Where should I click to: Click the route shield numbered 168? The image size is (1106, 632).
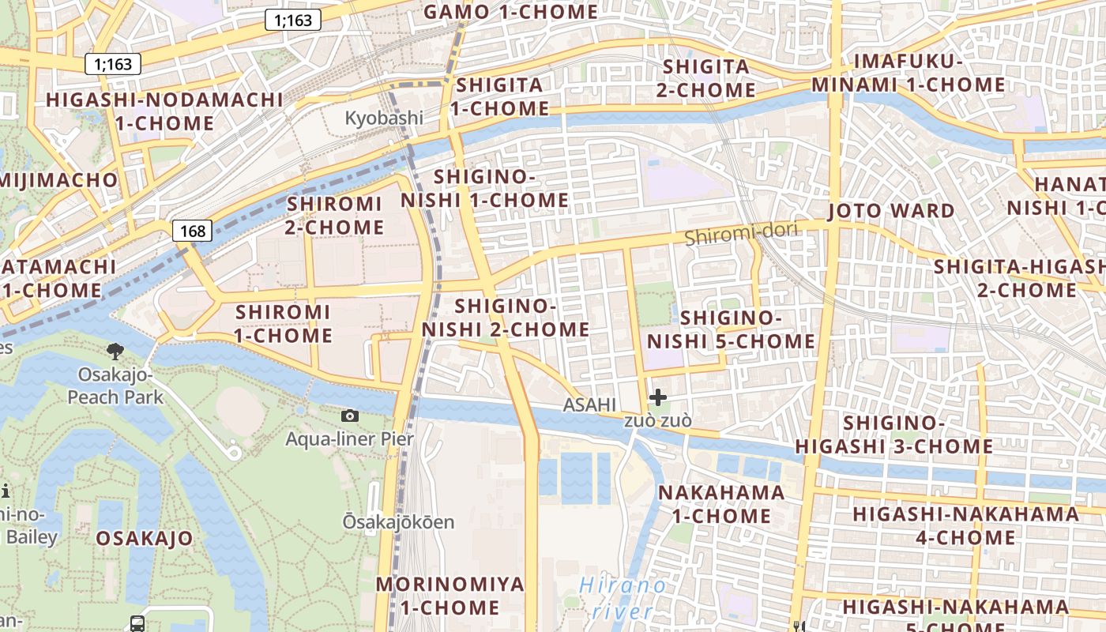pos(193,231)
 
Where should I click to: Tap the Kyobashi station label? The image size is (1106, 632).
pos(384,118)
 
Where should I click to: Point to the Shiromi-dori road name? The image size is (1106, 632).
pos(741,234)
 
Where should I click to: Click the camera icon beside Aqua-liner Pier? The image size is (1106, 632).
pos(349,416)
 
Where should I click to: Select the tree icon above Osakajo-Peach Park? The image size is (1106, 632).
pos(115,352)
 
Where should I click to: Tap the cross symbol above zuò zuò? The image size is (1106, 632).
pos(657,397)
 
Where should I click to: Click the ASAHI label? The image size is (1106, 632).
pos(589,405)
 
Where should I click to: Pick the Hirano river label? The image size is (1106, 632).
pos(623,598)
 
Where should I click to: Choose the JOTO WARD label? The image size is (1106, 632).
pos(891,211)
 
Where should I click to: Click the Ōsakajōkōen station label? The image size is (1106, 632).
pos(398,522)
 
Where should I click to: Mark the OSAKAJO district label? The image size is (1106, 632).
pos(145,539)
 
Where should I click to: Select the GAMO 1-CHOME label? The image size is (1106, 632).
pos(511,12)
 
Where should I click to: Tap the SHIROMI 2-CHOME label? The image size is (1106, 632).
pos(335,216)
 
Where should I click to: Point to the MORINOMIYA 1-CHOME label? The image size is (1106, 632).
pos(450,596)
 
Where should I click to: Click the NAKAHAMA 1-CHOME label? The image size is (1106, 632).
pos(721,504)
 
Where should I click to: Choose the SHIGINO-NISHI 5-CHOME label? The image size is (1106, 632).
pos(731,329)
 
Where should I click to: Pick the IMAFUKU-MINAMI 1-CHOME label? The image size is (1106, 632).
pos(908,73)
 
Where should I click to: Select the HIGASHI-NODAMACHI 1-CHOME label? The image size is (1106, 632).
pos(164,111)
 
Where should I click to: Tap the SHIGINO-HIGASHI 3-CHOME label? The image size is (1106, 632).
pos(893,434)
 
